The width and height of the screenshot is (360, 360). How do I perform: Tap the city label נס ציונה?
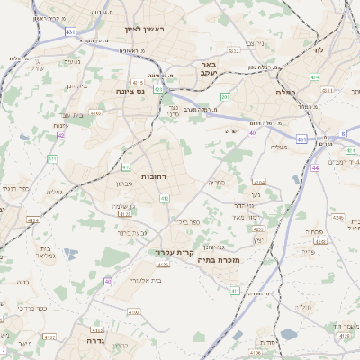click(131, 91)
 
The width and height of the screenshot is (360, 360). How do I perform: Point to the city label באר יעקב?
click(206, 70)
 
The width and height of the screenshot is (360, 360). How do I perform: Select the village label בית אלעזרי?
click(141, 280)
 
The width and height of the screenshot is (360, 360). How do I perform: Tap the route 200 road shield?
click(225, 96)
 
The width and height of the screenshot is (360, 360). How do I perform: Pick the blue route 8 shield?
click(342, 134)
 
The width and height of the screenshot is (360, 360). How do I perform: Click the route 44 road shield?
click(315, 167)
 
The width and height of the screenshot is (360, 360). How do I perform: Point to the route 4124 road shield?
click(33, 219)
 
